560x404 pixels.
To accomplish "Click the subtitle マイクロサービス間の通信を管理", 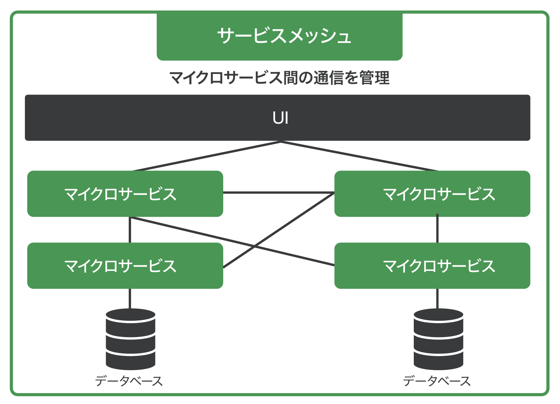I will pos(279,78).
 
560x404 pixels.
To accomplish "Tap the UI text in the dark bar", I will pos(280,118).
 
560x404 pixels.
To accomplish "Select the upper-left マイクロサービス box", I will pos(125,193).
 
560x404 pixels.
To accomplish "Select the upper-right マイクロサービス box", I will pos(432,193).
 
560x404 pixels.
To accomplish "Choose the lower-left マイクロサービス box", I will pos(125,265).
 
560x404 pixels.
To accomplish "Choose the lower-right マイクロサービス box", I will pos(432,265).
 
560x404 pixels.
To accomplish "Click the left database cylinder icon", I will pos(130,339).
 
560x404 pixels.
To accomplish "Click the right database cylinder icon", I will pos(438,339).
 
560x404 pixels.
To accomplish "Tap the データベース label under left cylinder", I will pos(129,381).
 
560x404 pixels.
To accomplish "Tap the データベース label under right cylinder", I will pos(437,381).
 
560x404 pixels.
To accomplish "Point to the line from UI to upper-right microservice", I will pos(360,156).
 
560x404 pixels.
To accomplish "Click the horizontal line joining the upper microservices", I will pos(278,192).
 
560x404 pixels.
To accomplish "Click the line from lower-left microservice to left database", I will pos(130,298).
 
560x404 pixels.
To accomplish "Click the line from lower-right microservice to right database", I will pos(437,298).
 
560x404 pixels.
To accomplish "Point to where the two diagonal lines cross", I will pos(255,246).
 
